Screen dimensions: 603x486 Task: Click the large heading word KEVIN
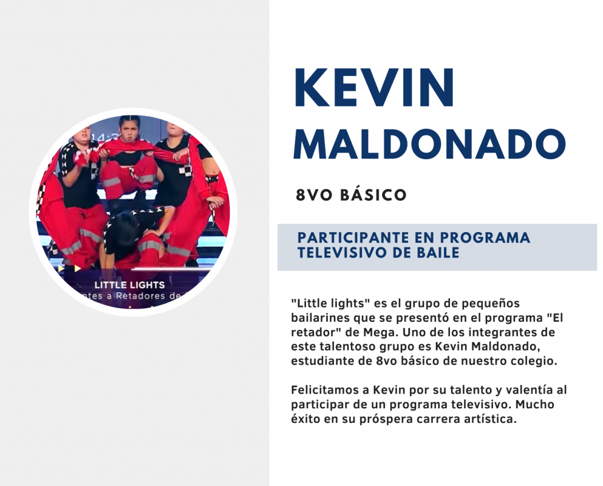click(374, 88)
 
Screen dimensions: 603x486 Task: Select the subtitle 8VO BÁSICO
click(351, 195)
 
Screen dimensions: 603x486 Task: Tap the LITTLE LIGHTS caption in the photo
click(130, 285)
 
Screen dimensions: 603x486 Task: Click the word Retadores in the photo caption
click(140, 296)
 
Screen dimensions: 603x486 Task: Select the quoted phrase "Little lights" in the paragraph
click(330, 303)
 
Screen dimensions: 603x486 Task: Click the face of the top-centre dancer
click(130, 130)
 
